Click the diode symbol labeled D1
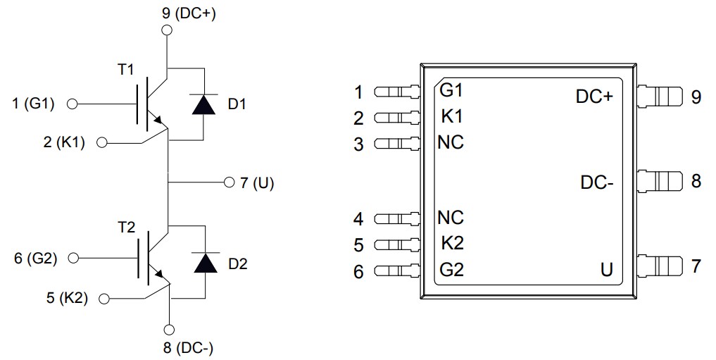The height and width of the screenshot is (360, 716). point(204,104)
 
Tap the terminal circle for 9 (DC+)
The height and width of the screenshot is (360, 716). point(167,30)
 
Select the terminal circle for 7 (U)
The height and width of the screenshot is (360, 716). point(227,182)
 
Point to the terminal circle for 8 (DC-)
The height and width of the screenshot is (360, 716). point(169,329)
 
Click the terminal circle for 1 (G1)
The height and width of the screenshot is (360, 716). point(71,104)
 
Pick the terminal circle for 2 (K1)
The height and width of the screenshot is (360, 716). point(101,143)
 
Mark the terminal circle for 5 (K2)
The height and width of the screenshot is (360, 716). point(104,299)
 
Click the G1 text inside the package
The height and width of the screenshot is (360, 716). point(451,91)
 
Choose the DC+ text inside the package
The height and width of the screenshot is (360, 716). point(594,97)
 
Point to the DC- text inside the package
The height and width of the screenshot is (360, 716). point(596,182)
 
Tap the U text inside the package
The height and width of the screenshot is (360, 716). point(606,270)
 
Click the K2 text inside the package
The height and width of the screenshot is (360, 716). point(451,243)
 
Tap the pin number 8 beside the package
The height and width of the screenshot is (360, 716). point(696,181)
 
